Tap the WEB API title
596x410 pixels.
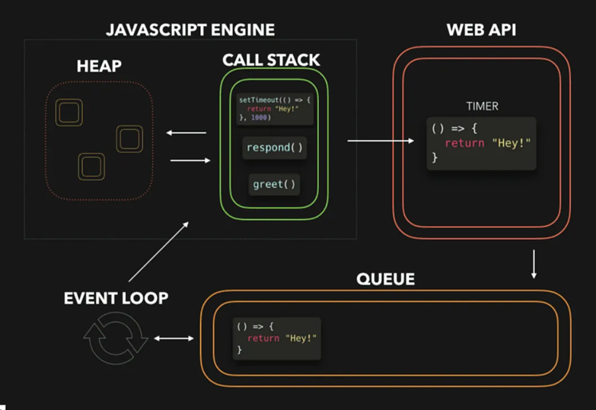(x=481, y=30)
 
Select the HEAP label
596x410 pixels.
(x=100, y=67)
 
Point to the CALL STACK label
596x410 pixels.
(x=271, y=60)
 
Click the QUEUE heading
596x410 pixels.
(x=385, y=279)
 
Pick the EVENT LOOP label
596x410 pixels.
(x=116, y=298)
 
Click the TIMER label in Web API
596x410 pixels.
(x=482, y=106)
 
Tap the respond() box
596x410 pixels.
(x=275, y=148)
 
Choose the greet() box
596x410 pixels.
(x=274, y=184)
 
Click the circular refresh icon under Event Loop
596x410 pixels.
(x=116, y=339)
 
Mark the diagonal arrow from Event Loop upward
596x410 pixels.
(x=160, y=252)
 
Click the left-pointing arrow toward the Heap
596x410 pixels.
(x=186, y=134)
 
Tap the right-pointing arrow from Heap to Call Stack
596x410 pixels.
(x=189, y=161)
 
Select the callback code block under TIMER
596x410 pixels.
(x=481, y=142)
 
